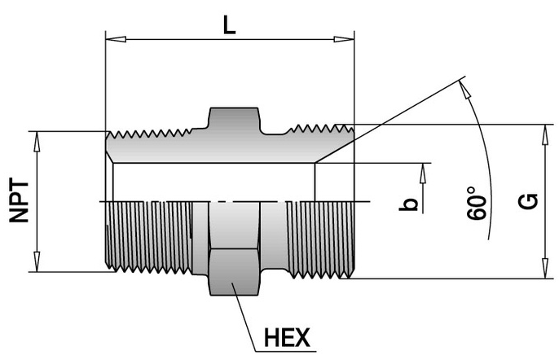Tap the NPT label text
tap(24, 201)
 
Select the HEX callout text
tap(288, 336)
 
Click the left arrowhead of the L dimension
tap(113, 37)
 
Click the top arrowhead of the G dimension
tap(544, 131)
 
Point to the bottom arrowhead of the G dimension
tap(544, 272)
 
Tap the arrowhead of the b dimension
tap(424, 169)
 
